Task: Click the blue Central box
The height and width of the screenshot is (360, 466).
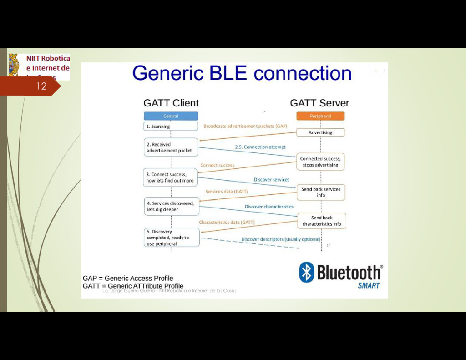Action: (171, 116)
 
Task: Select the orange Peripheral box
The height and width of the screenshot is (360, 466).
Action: (320, 116)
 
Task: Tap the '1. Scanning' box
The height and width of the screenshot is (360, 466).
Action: (171, 126)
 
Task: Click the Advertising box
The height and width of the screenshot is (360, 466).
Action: (320, 132)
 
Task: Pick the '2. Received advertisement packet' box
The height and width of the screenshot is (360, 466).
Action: (171, 147)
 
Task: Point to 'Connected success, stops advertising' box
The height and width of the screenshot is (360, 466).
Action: (320, 162)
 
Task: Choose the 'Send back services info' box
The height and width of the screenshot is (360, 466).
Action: (321, 192)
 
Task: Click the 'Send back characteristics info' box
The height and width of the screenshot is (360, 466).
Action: (322, 221)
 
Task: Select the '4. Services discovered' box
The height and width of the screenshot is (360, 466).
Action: (172, 207)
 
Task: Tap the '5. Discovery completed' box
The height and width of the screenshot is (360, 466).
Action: (172, 238)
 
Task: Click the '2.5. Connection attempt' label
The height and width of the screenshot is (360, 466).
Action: (260, 147)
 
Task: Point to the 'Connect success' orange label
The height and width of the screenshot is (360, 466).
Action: (218, 165)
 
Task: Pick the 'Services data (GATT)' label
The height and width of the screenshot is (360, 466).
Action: (227, 192)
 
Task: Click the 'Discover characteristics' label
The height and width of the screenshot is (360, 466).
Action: (269, 207)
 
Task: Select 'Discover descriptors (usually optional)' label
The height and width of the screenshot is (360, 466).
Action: (281, 239)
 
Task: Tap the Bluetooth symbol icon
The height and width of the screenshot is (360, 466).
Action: (307, 272)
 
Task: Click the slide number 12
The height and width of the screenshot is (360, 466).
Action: (41, 86)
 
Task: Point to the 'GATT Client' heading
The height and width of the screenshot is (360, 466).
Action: (171, 103)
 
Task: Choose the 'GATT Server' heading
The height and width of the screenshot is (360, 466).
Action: (319, 103)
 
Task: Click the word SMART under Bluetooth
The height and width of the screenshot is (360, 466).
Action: (369, 286)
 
